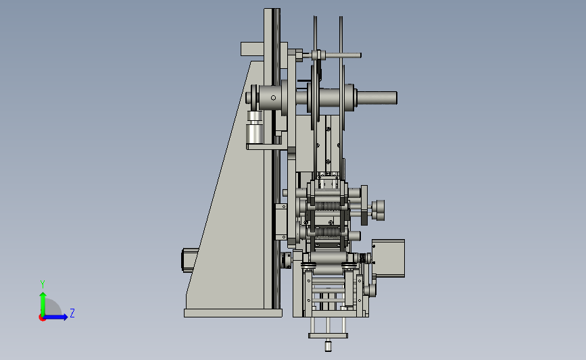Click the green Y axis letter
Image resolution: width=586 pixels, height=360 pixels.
(42, 284)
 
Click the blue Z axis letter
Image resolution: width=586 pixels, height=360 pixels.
(72, 313)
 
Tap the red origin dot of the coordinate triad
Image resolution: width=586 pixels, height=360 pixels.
(42, 318)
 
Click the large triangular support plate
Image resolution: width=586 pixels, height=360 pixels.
(232, 209)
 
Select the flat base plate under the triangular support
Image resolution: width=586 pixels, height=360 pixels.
(233, 313)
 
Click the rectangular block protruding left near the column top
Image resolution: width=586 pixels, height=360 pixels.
(252, 49)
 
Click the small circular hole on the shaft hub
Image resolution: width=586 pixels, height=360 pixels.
(273, 98)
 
